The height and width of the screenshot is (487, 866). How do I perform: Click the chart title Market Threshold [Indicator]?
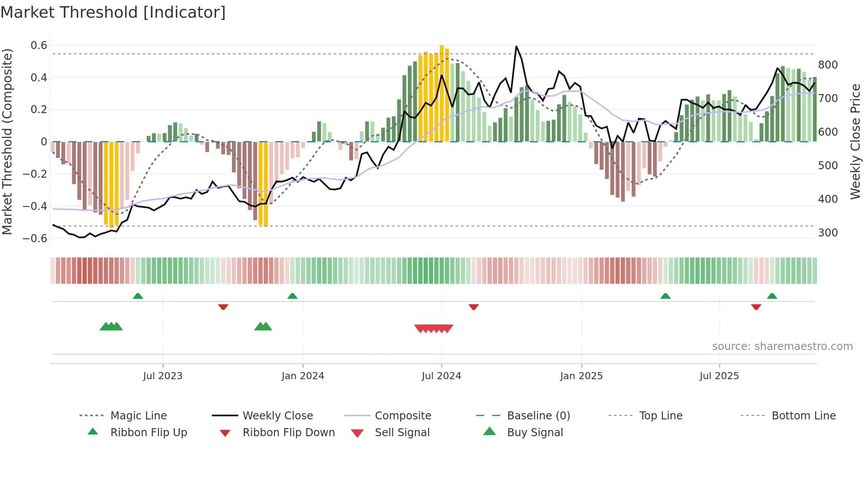click(x=113, y=12)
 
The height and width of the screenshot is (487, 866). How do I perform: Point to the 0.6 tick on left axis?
click(x=39, y=46)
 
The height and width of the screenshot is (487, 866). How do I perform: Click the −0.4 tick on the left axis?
click(x=35, y=206)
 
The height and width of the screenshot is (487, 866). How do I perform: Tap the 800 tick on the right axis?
click(x=828, y=65)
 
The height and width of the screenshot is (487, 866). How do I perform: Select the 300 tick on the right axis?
click(x=828, y=233)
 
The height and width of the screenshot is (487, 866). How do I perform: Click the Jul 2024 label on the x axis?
click(x=441, y=376)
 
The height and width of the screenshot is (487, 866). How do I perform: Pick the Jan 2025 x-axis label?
click(x=581, y=376)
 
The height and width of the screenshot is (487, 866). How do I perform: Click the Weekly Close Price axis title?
click(x=856, y=141)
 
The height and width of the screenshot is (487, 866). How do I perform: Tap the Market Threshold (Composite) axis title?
click(x=7, y=141)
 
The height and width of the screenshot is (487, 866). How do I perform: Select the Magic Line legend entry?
click(x=138, y=416)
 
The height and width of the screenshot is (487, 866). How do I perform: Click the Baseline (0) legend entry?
click(x=538, y=416)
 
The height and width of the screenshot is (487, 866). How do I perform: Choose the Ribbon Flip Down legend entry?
click(x=289, y=433)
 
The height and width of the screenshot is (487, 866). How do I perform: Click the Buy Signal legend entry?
click(x=535, y=433)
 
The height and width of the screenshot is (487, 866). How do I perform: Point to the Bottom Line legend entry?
click(x=803, y=416)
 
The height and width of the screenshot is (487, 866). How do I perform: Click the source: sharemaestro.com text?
click(x=782, y=346)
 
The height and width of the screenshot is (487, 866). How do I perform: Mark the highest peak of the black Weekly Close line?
click(x=516, y=46)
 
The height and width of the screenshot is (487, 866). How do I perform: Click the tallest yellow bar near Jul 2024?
click(x=441, y=93)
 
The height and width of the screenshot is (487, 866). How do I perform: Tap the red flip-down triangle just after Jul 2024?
click(x=474, y=307)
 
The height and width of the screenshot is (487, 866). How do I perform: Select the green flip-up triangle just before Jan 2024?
click(x=292, y=296)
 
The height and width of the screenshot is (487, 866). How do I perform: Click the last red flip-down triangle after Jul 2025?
click(x=756, y=307)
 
